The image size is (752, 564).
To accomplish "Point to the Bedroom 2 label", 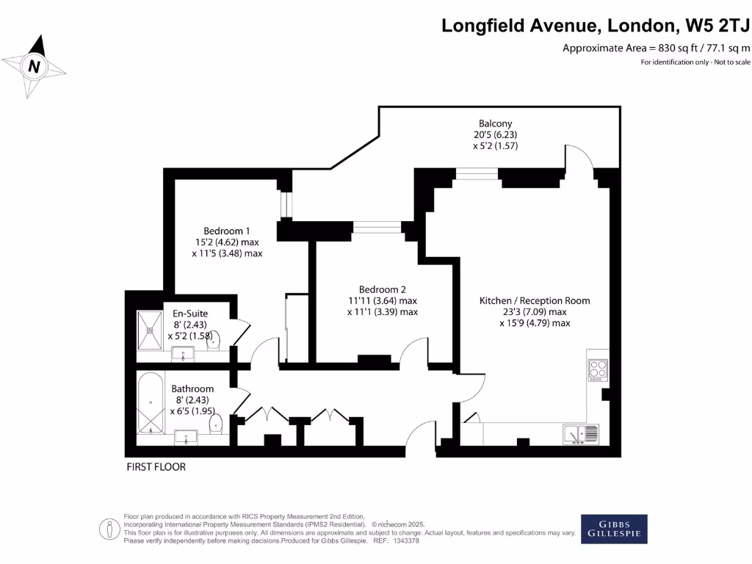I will click(382, 289).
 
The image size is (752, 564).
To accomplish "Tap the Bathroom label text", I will click(192, 388).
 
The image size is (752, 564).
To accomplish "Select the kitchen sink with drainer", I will click(581, 434).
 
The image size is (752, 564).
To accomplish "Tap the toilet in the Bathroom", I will click(216, 424).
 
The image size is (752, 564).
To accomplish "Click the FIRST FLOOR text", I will click(156, 467).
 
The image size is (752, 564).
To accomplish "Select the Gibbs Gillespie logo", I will click(614, 529).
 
